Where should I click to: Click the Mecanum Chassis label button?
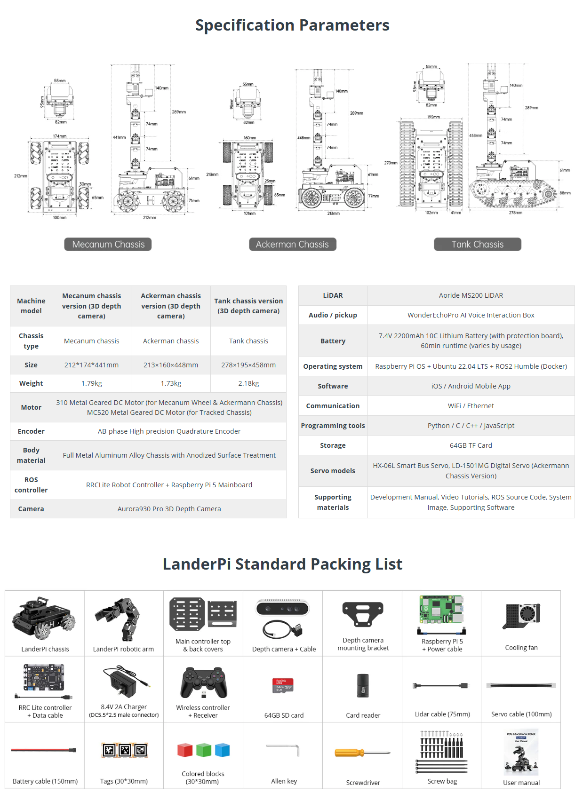(108, 244)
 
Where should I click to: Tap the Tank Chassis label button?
(477, 244)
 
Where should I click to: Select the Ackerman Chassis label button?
(292, 244)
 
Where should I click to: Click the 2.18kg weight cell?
(248, 383)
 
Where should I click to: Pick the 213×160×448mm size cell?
(171, 365)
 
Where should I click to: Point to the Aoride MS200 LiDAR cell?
(471, 295)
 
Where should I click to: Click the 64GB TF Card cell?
(471, 445)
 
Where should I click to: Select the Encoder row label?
(31, 431)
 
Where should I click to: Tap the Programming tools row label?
(333, 426)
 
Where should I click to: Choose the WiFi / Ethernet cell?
(471, 406)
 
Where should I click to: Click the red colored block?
(185, 750)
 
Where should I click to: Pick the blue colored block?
(222, 750)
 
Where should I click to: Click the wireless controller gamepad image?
(203, 682)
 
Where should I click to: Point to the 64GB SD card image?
(283, 686)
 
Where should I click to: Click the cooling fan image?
(522, 616)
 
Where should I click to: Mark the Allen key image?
(283, 749)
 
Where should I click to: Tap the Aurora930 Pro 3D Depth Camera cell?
(169, 509)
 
